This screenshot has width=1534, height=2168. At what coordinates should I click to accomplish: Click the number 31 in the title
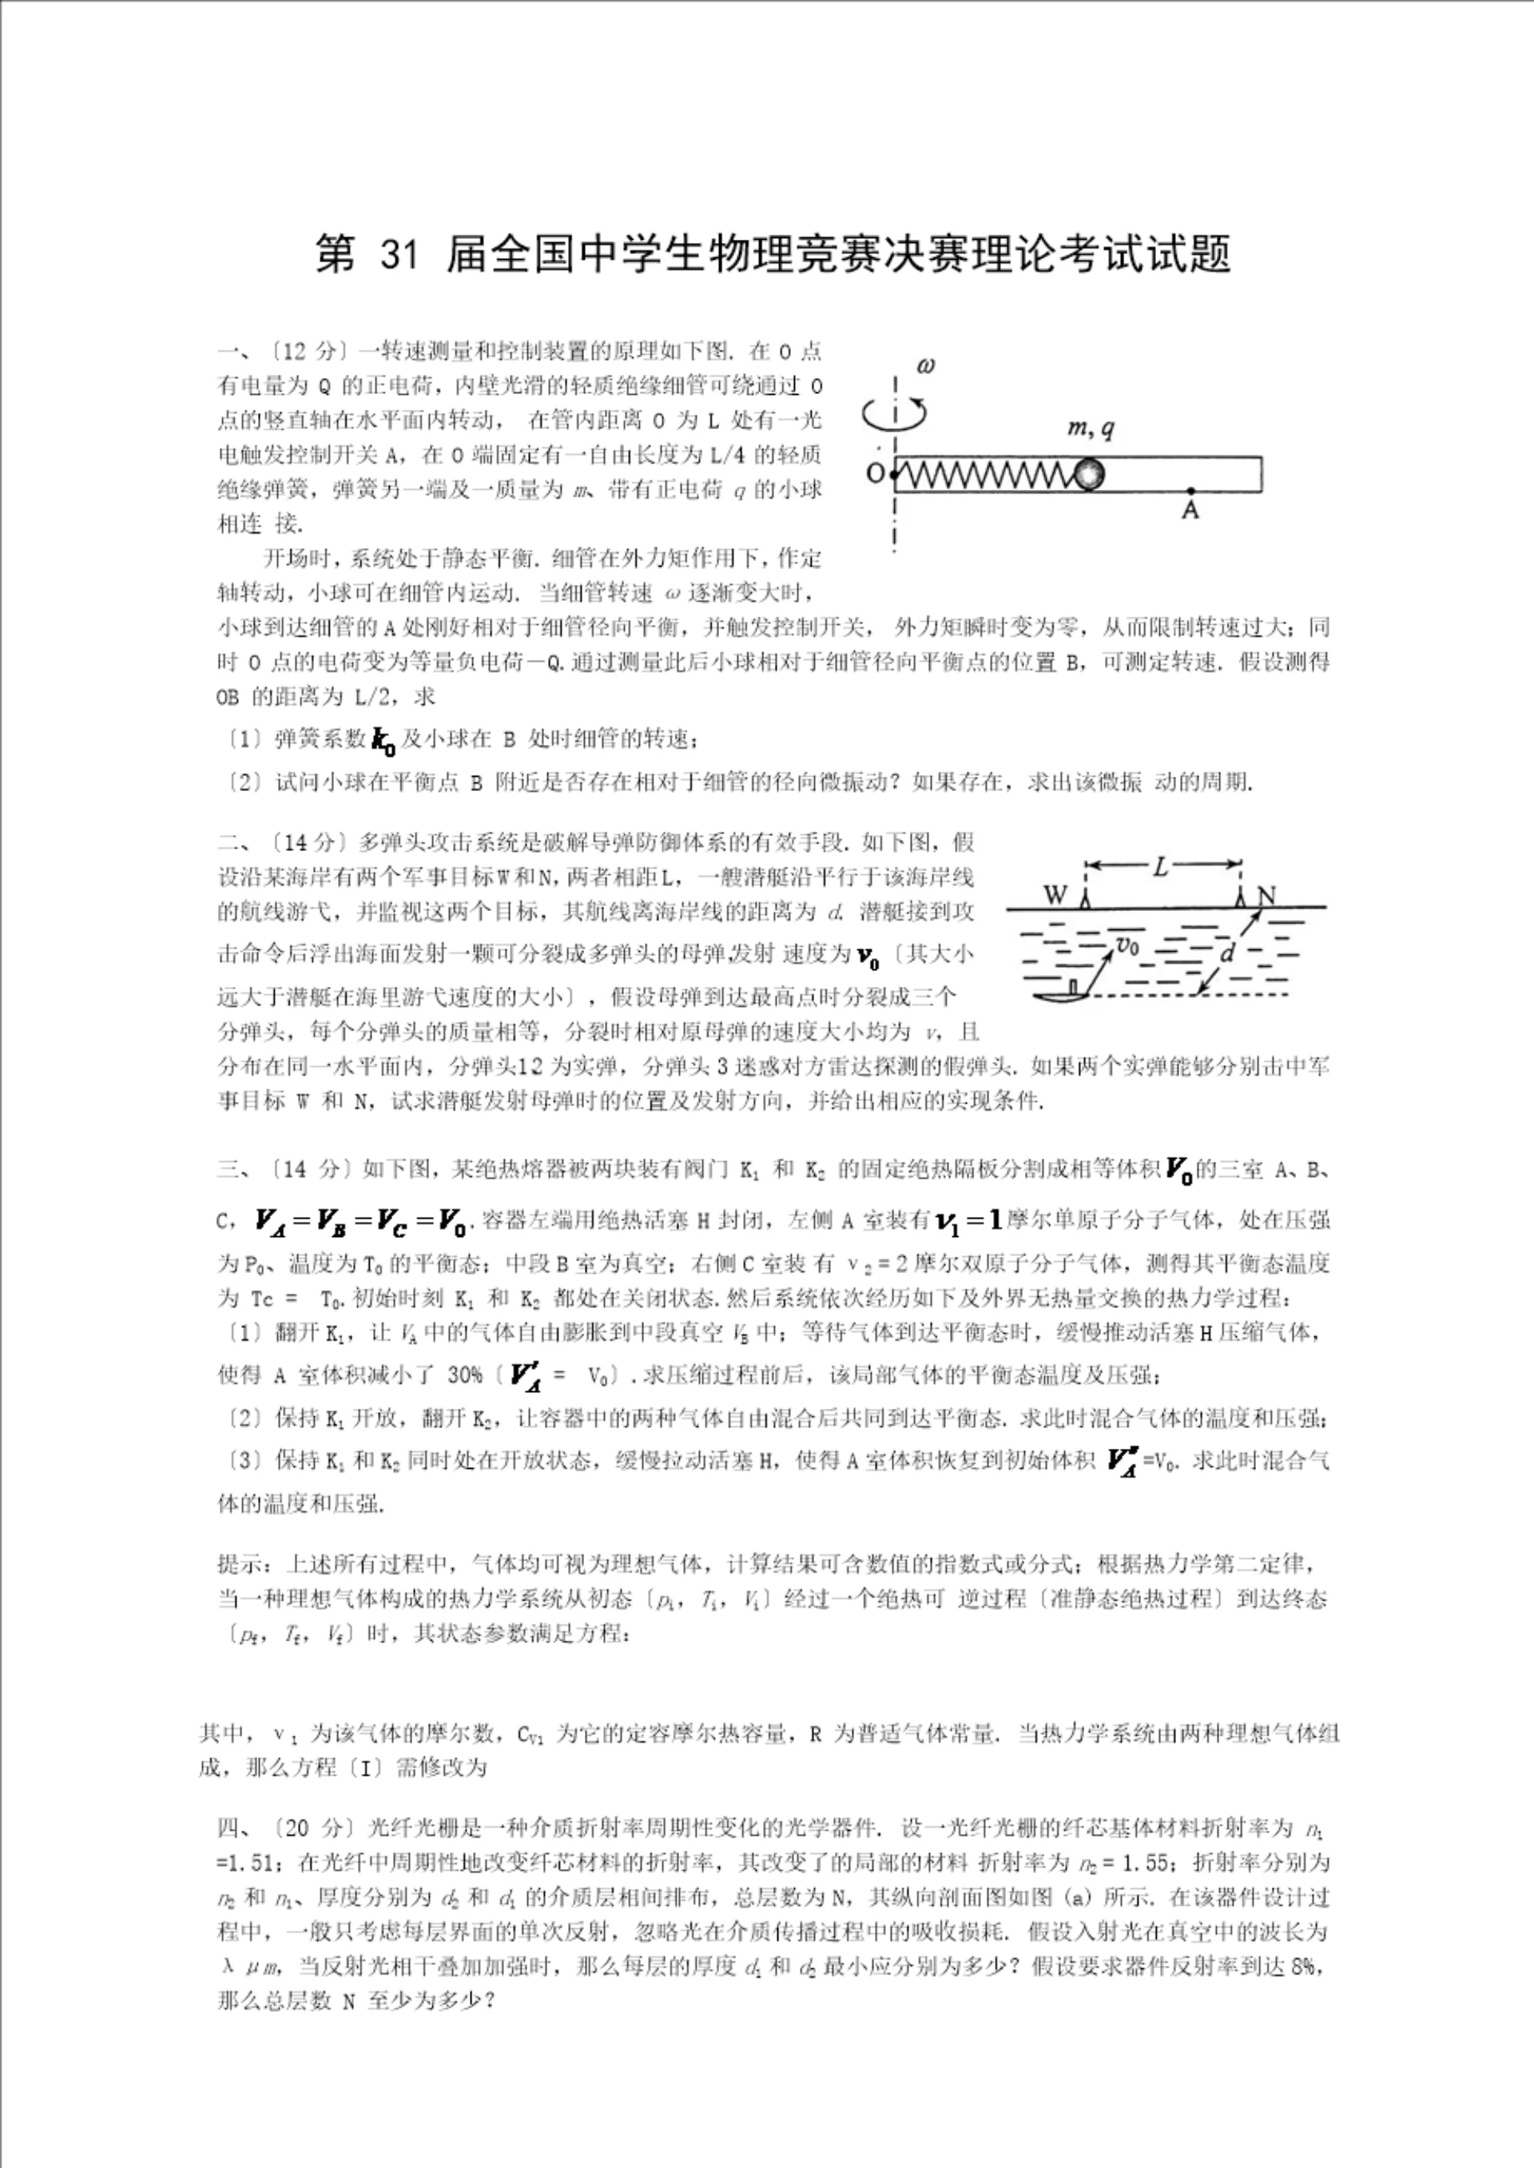point(398,256)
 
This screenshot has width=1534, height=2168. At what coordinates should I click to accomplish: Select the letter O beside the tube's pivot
point(876,472)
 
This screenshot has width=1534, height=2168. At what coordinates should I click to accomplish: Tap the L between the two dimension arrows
point(1161,865)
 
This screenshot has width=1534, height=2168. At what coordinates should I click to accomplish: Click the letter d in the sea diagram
point(1226,953)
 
